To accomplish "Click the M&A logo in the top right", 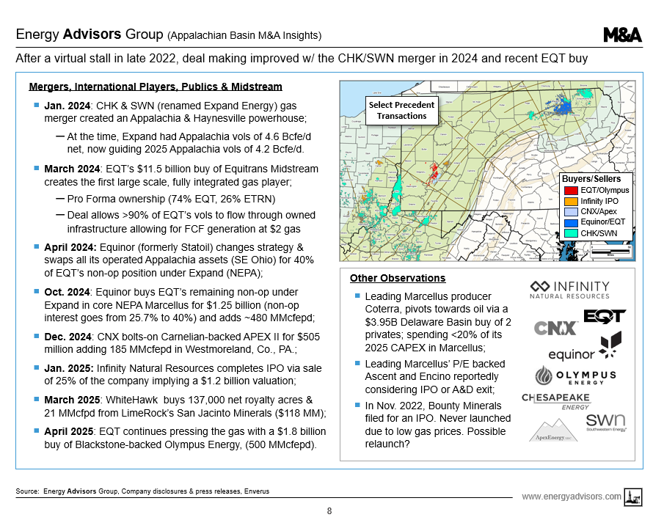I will click(x=622, y=34).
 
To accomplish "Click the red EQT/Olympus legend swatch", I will click(x=570, y=191).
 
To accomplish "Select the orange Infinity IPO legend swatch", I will click(x=570, y=201).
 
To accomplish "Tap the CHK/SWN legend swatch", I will click(x=570, y=232).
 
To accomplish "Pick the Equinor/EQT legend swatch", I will click(x=570, y=222).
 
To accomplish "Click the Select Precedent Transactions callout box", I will click(x=401, y=111).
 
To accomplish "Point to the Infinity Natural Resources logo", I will click(x=569, y=289).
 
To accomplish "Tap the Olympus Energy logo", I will click(x=574, y=377).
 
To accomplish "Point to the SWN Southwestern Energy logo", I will click(x=605, y=422).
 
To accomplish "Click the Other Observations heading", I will click(x=397, y=278).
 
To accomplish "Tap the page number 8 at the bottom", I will click(x=329, y=510).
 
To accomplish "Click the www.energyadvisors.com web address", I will click(x=571, y=497).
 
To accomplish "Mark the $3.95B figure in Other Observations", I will click(x=382, y=321).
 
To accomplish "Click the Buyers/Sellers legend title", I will click(x=597, y=179).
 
